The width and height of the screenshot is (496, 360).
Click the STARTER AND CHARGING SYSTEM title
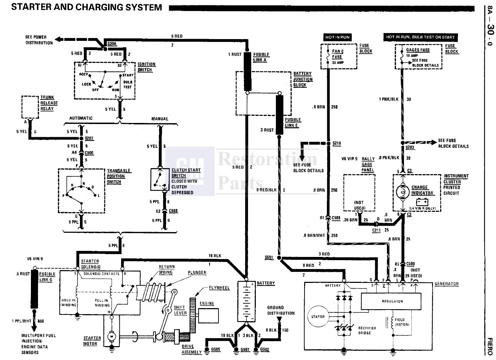86,7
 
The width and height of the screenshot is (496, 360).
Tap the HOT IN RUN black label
337,37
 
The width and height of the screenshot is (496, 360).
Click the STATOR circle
318,317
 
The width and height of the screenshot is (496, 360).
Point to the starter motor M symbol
111,335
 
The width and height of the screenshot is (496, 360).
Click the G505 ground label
216,349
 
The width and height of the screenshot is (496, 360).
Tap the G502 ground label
265,349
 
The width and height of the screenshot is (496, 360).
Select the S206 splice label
112,43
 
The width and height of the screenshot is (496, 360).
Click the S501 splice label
269,257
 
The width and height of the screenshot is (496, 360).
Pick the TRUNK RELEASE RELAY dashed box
30,107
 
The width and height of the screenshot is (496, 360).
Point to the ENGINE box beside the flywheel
208,315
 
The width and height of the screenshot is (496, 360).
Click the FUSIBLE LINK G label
47,276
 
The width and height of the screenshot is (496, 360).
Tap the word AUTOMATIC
81,118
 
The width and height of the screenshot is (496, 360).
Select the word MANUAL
160,119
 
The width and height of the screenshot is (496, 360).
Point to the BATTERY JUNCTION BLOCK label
303,79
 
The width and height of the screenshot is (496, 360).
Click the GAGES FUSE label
418,50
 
